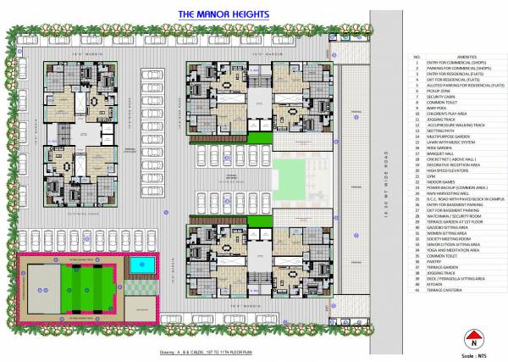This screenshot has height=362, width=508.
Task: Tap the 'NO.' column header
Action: (417, 58)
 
